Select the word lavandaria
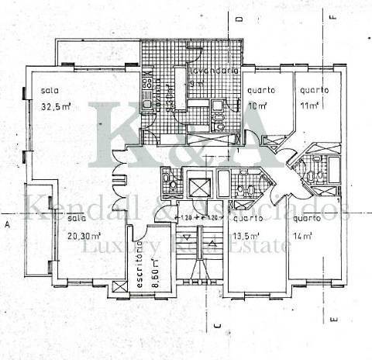click(210, 74)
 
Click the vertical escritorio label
click(140, 264)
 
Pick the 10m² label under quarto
click(258, 106)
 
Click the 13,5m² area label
click(245, 233)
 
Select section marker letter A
click(6, 224)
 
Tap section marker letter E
click(332, 320)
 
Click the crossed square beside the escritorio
click(119, 289)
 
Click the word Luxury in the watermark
click(115, 246)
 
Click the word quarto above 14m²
click(308, 219)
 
